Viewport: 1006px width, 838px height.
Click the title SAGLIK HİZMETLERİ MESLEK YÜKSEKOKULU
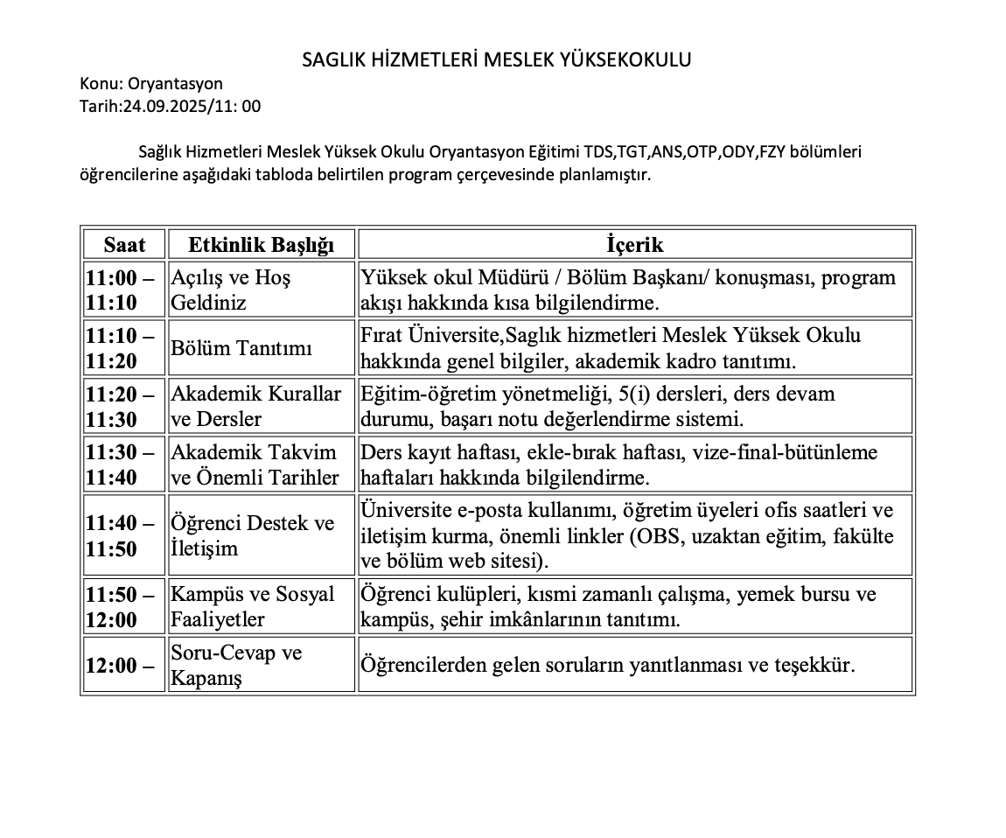click(x=497, y=59)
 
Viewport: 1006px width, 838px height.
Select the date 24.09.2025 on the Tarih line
click(x=157, y=107)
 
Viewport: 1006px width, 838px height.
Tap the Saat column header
click(x=123, y=245)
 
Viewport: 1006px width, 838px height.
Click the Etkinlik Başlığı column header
click(x=261, y=245)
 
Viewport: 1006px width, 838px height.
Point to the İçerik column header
click(x=635, y=245)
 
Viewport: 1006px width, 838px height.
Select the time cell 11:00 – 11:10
click(x=123, y=290)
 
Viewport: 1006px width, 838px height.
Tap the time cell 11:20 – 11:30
click(x=123, y=406)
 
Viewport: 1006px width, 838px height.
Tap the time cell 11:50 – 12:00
click(x=123, y=606)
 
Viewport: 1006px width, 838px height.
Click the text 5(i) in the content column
click(x=625, y=394)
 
